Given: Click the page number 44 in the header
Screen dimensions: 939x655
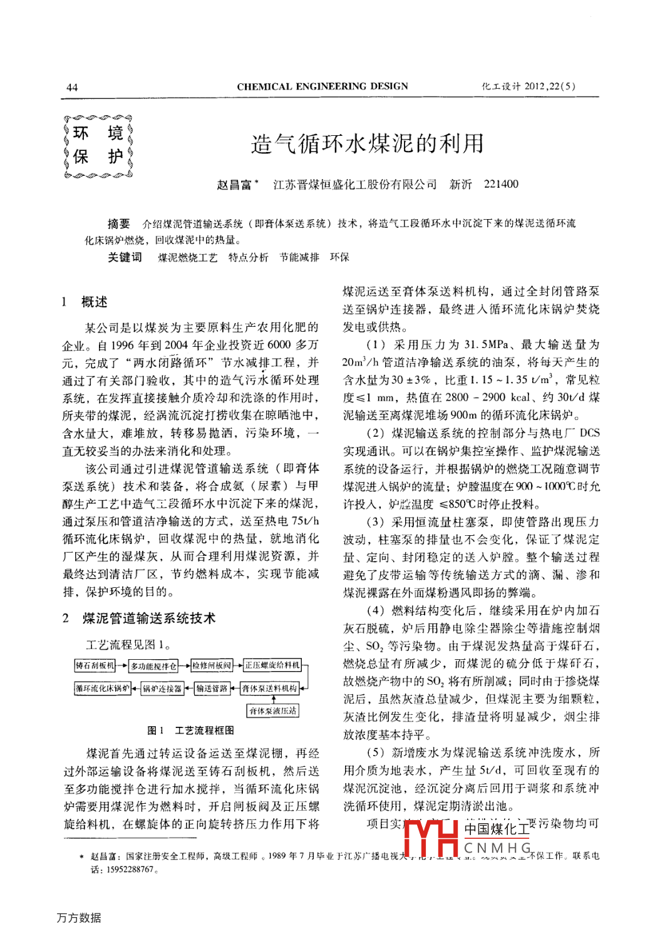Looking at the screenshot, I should coord(72,87).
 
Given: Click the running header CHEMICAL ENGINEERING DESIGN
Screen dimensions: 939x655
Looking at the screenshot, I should coord(322,86).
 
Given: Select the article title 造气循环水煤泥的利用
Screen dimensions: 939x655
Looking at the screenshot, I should coord(367,143).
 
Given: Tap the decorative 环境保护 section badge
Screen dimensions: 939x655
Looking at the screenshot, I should coord(98,145).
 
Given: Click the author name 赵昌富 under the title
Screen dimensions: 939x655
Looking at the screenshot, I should coord(234,184).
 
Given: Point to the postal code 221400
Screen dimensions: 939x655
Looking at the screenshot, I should coord(501,184).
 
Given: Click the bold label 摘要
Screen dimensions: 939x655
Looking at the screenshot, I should coord(118,223).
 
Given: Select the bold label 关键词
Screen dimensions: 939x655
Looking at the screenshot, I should coord(125,257).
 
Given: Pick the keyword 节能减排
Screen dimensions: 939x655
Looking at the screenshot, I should coord(299,257).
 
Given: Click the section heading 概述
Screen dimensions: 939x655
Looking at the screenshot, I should coord(95,302).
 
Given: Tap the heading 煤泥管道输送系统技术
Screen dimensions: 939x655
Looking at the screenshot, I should coord(148,618).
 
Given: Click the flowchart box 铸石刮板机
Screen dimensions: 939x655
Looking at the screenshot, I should coord(95,665).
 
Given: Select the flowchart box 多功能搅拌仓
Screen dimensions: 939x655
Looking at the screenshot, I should coord(153,666).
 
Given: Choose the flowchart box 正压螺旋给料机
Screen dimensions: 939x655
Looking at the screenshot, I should coord(272,665).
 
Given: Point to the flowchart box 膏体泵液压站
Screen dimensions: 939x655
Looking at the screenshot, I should coord(272,711).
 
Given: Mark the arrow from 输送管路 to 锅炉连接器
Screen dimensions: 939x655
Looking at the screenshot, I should coord(189,689).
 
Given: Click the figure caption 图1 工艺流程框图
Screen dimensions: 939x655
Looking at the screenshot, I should coord(190,730).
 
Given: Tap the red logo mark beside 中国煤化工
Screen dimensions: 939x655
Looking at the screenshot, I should coord(431,838).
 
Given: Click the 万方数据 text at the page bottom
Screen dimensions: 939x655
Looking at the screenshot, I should coord(79,918).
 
